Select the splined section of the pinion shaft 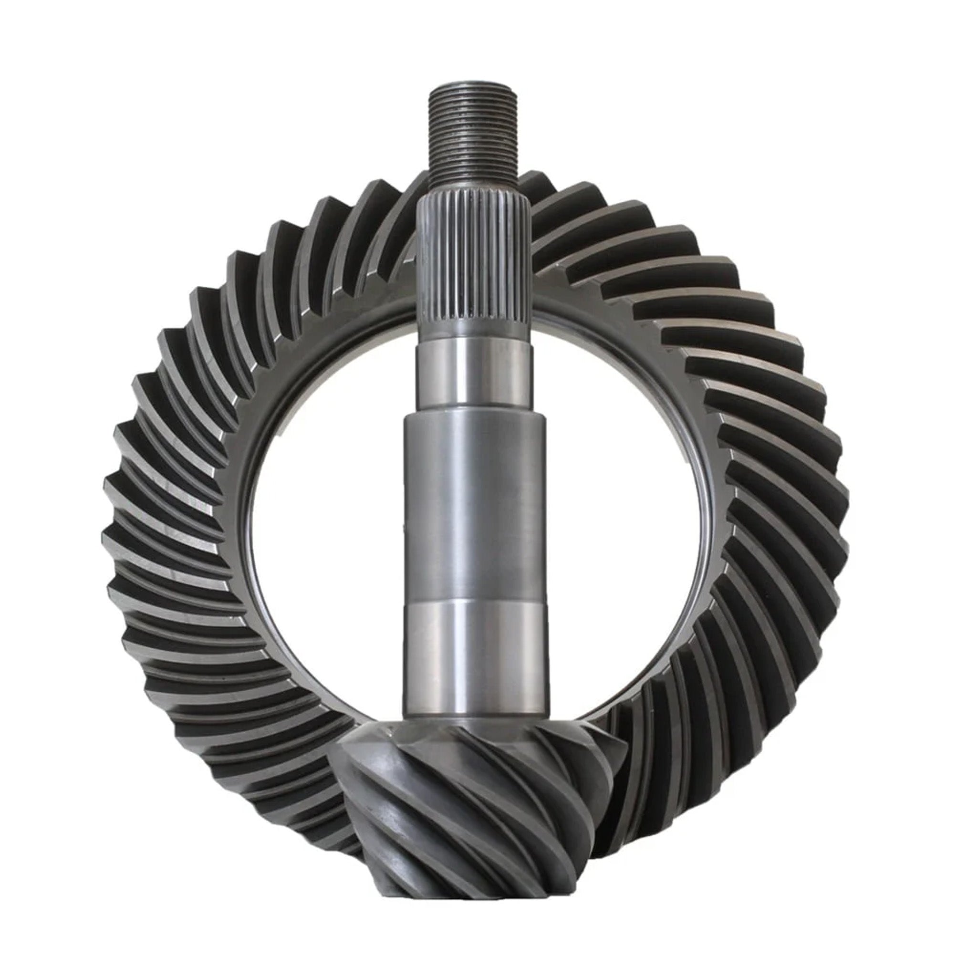[473, 263]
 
